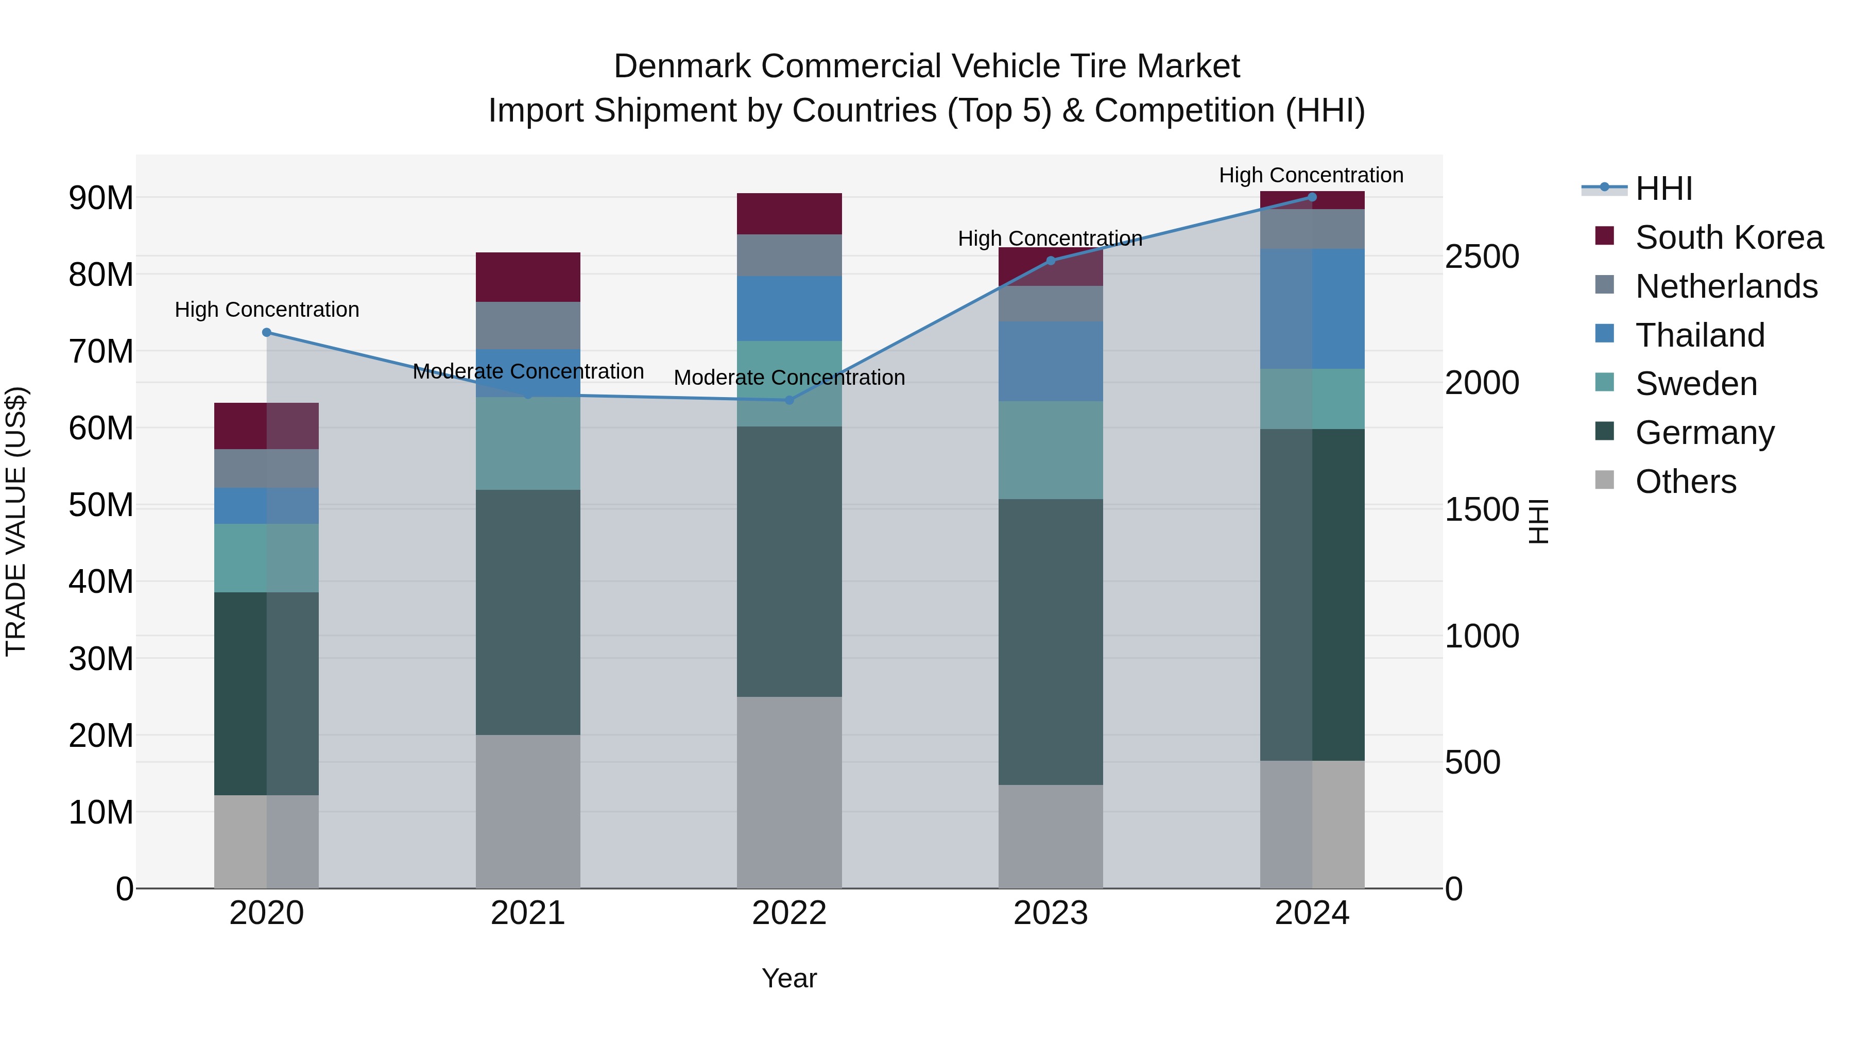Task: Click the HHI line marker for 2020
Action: point(266,333)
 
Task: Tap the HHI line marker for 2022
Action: point(789,400)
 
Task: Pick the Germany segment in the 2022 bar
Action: point(789,561)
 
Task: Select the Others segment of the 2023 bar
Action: point(1050,836)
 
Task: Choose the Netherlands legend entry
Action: point(1726,286)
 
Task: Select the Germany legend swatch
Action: point(1604,431)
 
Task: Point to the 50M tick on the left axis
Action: point(101,505)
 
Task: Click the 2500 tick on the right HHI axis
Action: point(1481,257)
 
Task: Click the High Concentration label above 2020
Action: point(266,310)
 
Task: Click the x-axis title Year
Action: point(789,978)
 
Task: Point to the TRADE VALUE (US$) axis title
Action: point(16,521)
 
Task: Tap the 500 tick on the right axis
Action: point(1472,763)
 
